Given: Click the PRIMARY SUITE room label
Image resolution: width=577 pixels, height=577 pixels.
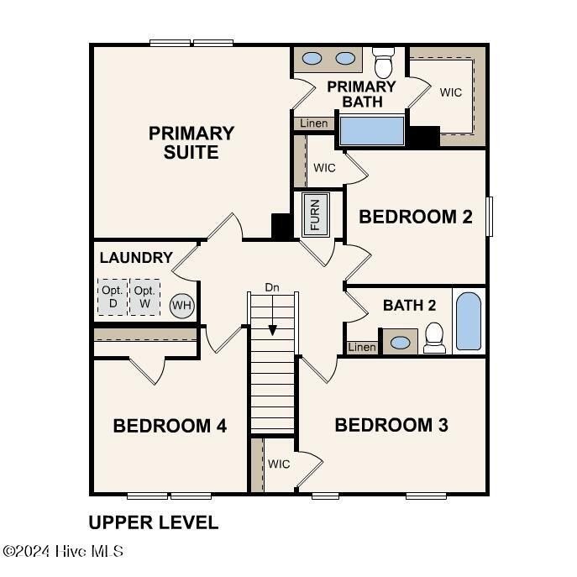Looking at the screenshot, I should (191, 143).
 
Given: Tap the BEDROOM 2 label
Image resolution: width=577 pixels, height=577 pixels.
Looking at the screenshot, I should (415, 217).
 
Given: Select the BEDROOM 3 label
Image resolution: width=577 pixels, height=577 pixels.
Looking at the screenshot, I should (391, 425).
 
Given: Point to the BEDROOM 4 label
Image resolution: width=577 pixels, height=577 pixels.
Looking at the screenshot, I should (170, 426).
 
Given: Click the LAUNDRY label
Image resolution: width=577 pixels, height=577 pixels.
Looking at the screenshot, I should (136, 258).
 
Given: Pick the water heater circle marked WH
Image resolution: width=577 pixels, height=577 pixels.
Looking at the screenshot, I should (181, 305).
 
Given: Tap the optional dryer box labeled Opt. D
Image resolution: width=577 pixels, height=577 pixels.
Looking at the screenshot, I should (112, 296).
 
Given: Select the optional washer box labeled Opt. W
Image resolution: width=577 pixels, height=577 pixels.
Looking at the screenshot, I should (145, 296).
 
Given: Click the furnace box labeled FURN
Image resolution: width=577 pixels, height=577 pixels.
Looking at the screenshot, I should (315, 214).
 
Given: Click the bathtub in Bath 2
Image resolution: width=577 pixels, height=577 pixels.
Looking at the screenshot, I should (469, 322).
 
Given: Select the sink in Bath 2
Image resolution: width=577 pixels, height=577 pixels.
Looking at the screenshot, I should (401, 343).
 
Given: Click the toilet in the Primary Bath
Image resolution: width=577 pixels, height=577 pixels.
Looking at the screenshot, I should (384, 62).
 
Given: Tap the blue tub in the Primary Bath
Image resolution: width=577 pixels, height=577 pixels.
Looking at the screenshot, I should (370, 131).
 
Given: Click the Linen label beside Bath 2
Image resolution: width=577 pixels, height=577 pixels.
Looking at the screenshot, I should (362, 347).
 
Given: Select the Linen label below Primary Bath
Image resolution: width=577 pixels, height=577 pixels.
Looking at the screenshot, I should (314, 123).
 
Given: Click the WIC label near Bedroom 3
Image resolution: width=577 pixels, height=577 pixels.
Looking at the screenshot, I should (279, 464).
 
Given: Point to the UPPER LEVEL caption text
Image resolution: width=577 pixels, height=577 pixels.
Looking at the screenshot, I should (154, 522).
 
